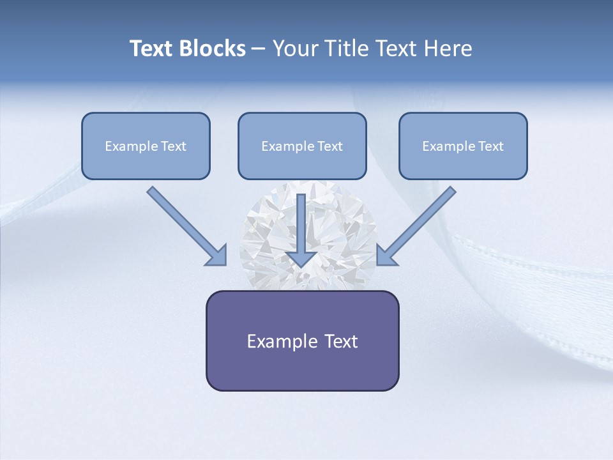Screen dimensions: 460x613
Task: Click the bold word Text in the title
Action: coord(152,49)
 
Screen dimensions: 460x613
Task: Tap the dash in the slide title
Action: coord(259,49)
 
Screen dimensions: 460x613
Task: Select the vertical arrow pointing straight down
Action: coord(302,227)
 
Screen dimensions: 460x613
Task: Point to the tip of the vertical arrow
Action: coord(302,264)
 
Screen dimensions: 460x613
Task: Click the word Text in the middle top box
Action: coord(329,146)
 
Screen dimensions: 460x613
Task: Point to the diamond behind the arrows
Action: coord(268,230)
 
